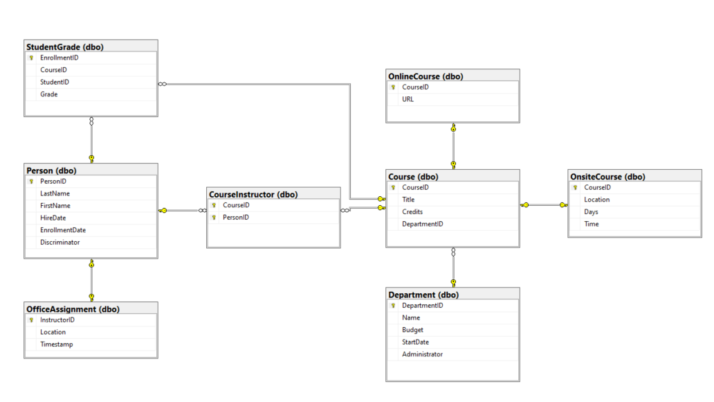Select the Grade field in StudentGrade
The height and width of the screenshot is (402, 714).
coord(49,94)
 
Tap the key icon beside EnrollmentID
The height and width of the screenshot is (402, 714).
coord(31,58)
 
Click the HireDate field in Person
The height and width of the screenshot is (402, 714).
coord(53,218)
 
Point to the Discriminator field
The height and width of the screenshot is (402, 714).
coord(59,243)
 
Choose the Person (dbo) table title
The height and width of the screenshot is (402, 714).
coord(51,171)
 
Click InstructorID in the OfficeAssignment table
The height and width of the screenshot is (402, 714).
coord(57,320)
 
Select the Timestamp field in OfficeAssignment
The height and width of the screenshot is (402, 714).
coord(56,344)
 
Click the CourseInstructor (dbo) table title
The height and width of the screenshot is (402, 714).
coord(253,195)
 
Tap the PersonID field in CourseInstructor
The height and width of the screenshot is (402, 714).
coord(235,218)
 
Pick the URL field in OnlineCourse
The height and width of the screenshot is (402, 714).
coord(408,100)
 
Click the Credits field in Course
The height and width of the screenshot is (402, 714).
coord(412,212)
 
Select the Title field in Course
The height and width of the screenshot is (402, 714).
coord(409,200)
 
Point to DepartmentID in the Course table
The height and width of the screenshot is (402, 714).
coord(422,224)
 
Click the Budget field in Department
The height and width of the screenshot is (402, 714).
coord(412,330)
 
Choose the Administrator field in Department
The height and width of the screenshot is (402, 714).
coord(422,354)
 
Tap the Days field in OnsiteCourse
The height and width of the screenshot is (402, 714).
coord(591,212)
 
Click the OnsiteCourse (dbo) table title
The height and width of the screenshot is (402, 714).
coord(607,177)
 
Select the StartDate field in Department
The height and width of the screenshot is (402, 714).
coord(415,342)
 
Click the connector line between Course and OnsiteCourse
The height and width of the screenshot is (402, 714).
coord(544,204)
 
